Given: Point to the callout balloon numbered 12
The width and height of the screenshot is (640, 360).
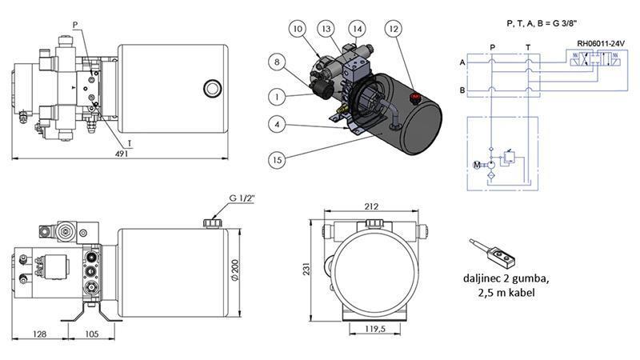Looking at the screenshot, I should point(393,30).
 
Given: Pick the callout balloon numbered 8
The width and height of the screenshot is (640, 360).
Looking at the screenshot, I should point(277,61).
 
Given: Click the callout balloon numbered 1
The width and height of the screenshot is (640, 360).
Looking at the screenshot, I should point(276,96).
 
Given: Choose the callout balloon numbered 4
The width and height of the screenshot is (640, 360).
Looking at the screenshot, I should point(276,125).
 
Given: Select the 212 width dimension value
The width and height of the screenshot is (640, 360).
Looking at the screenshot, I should point(371,206).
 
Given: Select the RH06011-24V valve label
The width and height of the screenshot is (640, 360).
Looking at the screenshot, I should point(601,43).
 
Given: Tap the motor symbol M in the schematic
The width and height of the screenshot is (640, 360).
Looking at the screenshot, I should point(478,166).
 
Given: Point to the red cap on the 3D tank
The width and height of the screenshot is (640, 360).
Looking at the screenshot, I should point(415,99).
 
